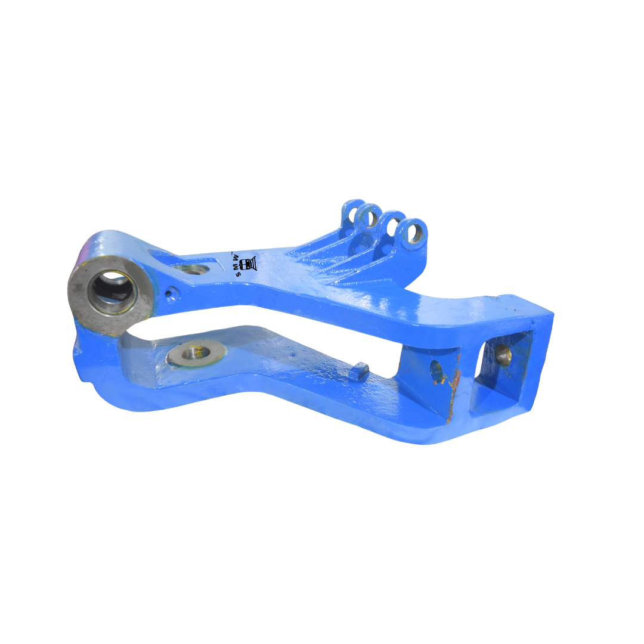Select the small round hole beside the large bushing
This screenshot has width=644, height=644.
click(x=172, y=293)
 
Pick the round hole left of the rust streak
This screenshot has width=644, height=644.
click(x=436, y=371)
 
